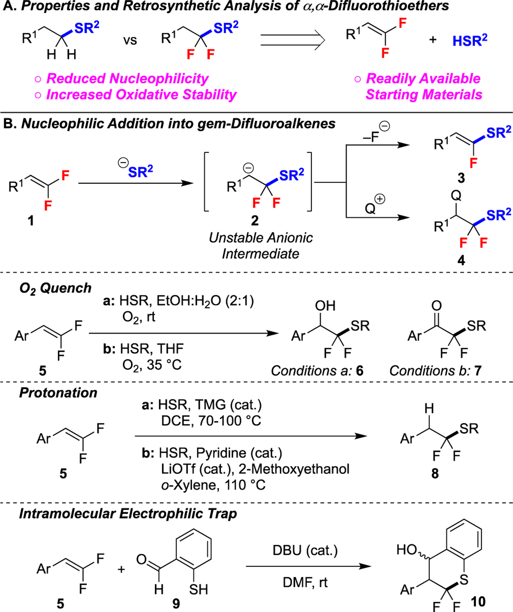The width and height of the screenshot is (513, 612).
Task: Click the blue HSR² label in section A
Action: (469, 40)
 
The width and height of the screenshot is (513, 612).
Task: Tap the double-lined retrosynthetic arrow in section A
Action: (292, 40)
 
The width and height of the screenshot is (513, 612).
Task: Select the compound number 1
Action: (31, 221)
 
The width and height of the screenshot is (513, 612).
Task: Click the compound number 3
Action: (461, 178)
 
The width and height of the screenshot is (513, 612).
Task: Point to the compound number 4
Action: (461, 260)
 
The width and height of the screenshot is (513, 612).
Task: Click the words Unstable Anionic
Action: (261, 238)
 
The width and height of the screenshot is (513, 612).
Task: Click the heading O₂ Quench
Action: (55, 288)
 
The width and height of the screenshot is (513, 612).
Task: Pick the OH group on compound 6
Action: (325, 306)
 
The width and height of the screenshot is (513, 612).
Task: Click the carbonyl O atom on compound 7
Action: (437, 305)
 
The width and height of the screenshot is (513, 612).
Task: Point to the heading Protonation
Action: (58, 393)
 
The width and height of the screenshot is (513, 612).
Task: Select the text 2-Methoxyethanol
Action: (294, 469)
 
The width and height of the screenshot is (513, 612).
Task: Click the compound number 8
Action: (435, 473)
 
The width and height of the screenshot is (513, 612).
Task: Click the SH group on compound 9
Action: (198, 589)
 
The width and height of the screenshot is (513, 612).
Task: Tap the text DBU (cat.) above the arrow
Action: (305, 550)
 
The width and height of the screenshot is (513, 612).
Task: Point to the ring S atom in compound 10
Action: (464, 579)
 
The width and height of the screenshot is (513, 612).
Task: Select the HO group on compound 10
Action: (407, 549)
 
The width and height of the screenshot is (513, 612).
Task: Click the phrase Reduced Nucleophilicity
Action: (127, 79)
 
